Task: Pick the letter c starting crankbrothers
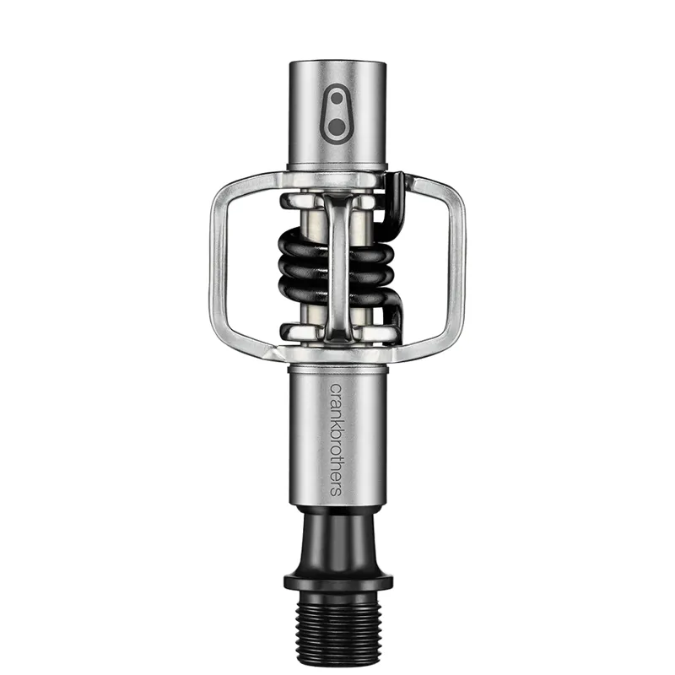[x=335, y=389]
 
